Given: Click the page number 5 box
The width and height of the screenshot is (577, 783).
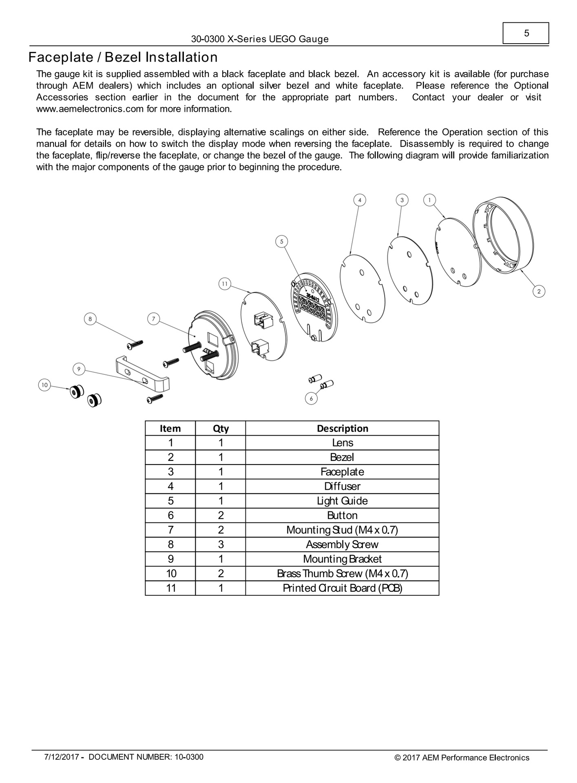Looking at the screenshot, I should [526, 33].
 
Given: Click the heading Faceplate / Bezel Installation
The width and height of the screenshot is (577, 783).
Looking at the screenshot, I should [123, 57].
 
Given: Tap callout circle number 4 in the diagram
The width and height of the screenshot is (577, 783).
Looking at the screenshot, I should [359, 200].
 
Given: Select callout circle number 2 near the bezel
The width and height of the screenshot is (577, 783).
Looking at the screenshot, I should [539, 291].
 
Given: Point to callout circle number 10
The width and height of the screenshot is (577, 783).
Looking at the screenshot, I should [44, 385].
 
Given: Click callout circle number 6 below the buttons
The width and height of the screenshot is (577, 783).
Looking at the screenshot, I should [311, 398].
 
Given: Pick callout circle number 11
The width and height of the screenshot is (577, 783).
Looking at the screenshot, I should [225, 283].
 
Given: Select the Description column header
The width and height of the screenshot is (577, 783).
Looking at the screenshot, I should [342, 429].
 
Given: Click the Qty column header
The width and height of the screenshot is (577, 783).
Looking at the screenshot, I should [221, 429].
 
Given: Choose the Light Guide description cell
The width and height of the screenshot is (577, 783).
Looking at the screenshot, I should [342, 501].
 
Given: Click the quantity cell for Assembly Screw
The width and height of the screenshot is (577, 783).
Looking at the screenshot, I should [221, 545].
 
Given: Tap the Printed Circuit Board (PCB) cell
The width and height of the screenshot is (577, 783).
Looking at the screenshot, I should [342, 588].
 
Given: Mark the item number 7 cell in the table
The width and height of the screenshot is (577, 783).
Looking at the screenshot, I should [170, 530].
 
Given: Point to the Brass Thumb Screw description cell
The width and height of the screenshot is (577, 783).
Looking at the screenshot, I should [342, 574].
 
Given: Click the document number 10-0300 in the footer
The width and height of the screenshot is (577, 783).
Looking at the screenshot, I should [189, 757].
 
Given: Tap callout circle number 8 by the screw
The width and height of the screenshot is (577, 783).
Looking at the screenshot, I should [90, 319].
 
